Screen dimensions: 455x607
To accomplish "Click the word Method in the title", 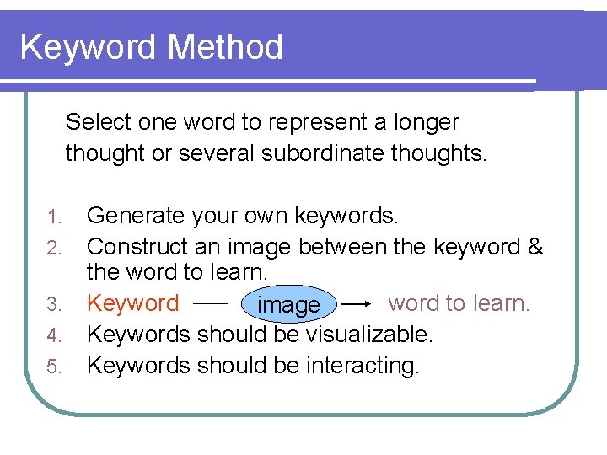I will tap(225, 47).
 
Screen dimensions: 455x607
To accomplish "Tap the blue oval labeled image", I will tap(288, 304).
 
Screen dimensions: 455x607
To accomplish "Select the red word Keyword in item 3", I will tap(133, 302).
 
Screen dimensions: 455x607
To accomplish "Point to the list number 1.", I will tap(55, 217).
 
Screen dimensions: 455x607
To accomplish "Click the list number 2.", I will tap(55, 249).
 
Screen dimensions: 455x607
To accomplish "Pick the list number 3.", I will tap(55, 304).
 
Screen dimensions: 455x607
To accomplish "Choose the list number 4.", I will tap(55, 335).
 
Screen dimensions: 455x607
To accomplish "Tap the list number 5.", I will tap(55, 367).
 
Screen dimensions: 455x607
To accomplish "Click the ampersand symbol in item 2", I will tap(535, 247).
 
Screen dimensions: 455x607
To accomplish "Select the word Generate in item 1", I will tap(136, 216).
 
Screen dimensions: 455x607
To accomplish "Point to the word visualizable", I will tap(369, 335).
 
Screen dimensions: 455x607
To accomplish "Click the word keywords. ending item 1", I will tap(346, 216).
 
